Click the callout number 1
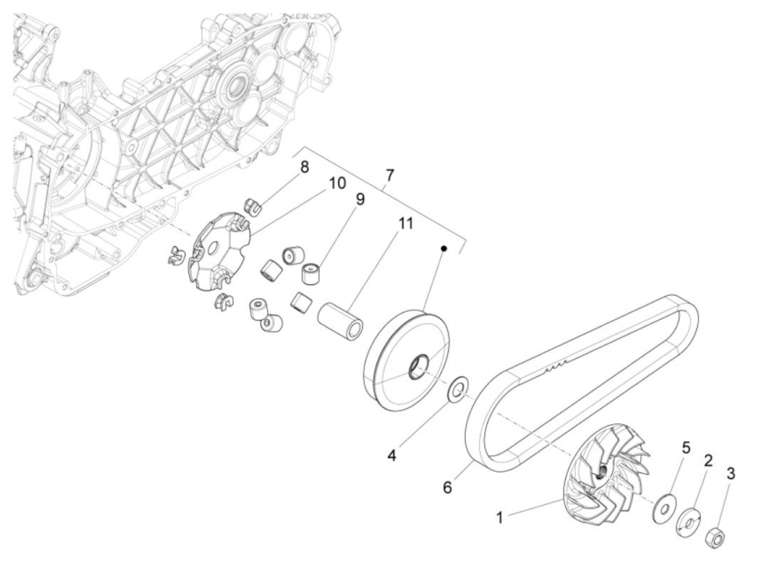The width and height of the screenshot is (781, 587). tap(500, 518)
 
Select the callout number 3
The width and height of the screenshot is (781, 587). tap(731, 474)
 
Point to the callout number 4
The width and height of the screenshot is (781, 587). tap(392, 455)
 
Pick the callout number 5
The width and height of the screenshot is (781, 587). tap(686, 448)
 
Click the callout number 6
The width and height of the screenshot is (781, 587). tap(447, 487)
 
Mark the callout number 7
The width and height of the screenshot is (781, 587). tap(390, 175)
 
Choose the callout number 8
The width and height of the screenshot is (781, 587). tap(305, 167)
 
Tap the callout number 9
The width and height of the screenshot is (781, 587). tap(360, 199)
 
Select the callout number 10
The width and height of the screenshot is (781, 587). tap(337, 184)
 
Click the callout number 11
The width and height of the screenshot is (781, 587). tap(405, 223)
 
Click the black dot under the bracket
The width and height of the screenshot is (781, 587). tap(443, 248)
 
